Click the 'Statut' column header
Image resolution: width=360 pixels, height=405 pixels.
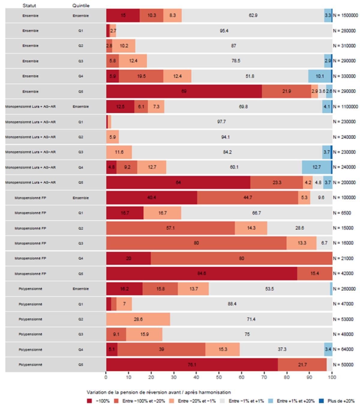click(29, 5)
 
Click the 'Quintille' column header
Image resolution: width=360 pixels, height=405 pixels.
click(81, 5)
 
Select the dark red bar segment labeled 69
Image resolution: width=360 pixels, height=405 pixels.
click(184, 91)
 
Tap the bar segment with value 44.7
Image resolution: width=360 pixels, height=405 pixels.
click(247, 198)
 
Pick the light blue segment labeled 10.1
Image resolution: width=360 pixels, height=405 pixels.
click(319, 76)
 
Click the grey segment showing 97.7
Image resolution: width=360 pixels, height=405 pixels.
click(221, 122)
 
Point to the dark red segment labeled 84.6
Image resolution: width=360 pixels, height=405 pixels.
click(201, 273)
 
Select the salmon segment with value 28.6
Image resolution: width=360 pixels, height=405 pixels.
click(138, 319)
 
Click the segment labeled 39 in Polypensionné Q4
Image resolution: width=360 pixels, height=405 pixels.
click(161, 349)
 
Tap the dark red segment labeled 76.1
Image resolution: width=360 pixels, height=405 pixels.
click(192, 364)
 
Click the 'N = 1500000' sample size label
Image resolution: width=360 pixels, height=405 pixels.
click(345, 15)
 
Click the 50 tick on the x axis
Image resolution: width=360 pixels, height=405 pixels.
click(219, 377)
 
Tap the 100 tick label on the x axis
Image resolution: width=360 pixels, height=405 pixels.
click(332, 377)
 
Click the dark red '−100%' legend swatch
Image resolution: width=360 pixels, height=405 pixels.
click(89, 401)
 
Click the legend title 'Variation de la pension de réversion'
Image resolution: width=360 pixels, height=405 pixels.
click(159, 392)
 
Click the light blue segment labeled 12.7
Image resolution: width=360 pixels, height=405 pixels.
click(316, 167)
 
